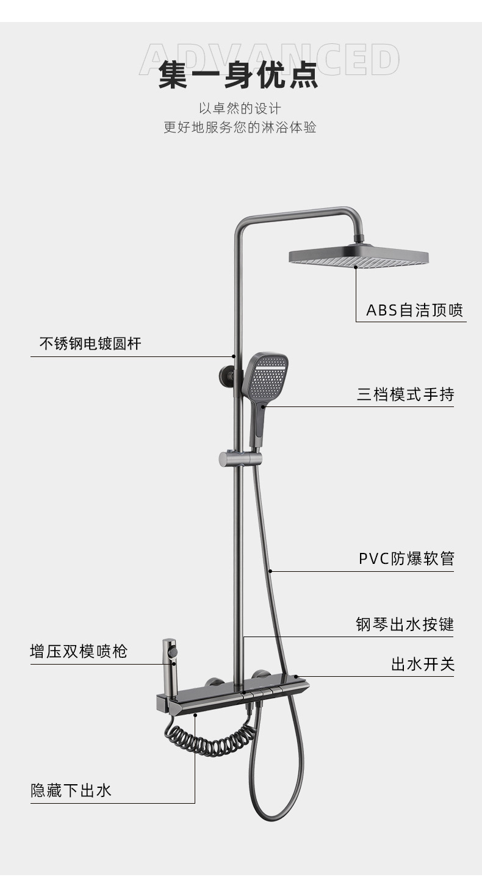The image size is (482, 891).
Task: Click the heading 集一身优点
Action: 239,75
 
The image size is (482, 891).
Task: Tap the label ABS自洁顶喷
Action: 414,311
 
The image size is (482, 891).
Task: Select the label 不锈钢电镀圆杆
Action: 90,344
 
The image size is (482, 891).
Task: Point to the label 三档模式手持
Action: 405,394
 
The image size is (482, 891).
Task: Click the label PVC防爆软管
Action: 406,558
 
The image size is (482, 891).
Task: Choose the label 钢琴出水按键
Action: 405,624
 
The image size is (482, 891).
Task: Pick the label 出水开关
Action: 422,664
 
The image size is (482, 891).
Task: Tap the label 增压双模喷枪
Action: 79,651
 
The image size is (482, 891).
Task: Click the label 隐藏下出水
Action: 71,791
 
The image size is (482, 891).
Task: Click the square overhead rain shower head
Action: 359,257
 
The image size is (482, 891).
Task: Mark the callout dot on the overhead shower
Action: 356,265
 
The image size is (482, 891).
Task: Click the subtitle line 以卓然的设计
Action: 240,109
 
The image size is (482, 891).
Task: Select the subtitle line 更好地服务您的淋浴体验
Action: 240,128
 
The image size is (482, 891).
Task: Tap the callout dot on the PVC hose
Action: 270,571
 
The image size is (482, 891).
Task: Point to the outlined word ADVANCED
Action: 269,59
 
